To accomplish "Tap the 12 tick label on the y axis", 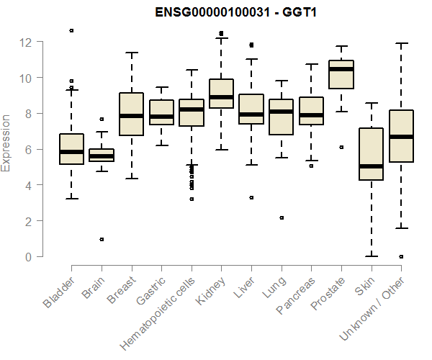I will [27, 42].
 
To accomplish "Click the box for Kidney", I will [221, 93].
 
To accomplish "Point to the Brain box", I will [102, 155].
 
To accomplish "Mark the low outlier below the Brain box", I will [102, 239].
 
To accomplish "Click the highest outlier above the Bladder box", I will [71, 30].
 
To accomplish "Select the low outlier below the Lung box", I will [282, 217].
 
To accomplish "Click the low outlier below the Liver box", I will [251, 197].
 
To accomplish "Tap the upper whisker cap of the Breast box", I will [131, 53].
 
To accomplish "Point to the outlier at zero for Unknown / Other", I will [401, 256].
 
